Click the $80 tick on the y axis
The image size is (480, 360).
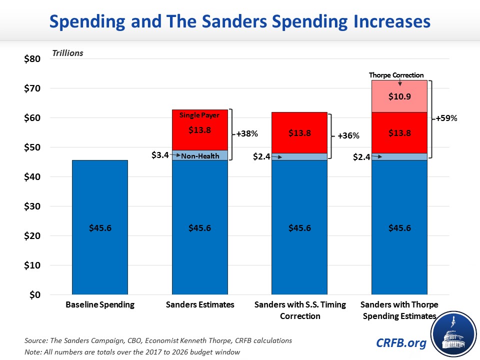point(32,59)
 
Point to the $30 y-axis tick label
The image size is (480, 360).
point(32,206)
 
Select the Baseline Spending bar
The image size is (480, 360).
point(99,227)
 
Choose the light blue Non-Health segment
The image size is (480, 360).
point(199,155)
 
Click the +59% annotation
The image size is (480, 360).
point(446,119)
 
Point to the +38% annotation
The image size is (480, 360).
point(246,134)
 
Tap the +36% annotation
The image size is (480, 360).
point(346,135)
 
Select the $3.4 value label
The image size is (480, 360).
point(159,155)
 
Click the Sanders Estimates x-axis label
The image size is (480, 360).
point(199,305)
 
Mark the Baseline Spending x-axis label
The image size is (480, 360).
point(100,305)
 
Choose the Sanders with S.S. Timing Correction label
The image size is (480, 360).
point(299,310)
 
